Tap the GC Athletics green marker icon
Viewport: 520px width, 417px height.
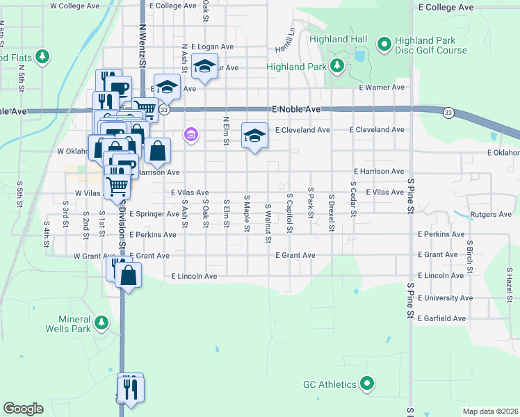click(367, 384)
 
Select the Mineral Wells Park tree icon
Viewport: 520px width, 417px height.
click(102, 322)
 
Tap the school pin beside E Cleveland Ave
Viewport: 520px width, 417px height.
click(254, 136)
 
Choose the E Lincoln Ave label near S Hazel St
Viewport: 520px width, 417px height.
click(441, 276)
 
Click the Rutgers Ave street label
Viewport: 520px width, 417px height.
click(491, 215)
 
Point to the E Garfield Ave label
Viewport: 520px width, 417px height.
click(442, 318)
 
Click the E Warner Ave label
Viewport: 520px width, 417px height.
click(382, 88)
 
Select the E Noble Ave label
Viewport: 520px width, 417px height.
click(297, 110)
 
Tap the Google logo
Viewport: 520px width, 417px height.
click(23, 409)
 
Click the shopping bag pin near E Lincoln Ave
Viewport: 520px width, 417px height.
click(129, 275)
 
